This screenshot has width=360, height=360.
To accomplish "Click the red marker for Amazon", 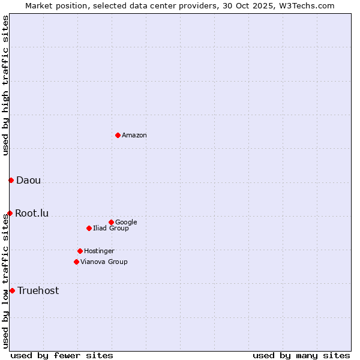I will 118,135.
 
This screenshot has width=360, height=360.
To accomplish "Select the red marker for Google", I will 111,222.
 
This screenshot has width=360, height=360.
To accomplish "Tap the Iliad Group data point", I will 89,228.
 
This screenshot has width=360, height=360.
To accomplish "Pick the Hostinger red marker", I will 80,251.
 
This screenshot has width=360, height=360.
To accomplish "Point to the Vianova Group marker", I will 76,262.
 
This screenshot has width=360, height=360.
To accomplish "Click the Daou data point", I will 11,180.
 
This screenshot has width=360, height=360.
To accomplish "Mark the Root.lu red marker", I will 10,213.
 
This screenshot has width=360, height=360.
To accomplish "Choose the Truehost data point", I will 12,290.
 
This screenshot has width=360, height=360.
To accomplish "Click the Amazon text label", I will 134,136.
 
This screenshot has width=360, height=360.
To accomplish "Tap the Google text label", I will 126,223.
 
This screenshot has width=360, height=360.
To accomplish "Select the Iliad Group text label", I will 111,229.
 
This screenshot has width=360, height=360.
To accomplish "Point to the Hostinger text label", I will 99,251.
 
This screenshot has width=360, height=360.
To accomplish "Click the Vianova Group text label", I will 104,262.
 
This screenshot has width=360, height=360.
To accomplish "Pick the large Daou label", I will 28,181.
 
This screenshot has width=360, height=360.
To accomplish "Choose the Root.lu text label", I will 32,214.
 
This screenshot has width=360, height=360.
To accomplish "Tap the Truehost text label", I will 38,291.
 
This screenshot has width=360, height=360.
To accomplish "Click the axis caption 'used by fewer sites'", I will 62,355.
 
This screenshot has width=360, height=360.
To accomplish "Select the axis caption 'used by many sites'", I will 301,355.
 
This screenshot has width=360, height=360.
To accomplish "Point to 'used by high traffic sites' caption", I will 6,85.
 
